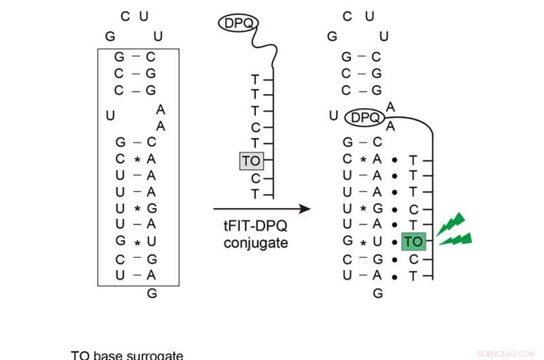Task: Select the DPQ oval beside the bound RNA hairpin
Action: point(365,118)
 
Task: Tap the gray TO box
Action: point(251,161)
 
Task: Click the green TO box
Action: point(413,241)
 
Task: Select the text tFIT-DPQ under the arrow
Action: point(252,227)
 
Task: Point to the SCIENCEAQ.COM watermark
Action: point(506,354)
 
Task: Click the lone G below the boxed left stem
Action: point(152,293)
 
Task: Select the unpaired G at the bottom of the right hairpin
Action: point(378,293)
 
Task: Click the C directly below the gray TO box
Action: point(256,178)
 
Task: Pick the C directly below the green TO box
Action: point(413,259)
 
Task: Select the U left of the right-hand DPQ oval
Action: point(333,116)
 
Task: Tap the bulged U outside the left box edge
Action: point(110,116)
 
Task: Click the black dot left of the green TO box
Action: point(394,242)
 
